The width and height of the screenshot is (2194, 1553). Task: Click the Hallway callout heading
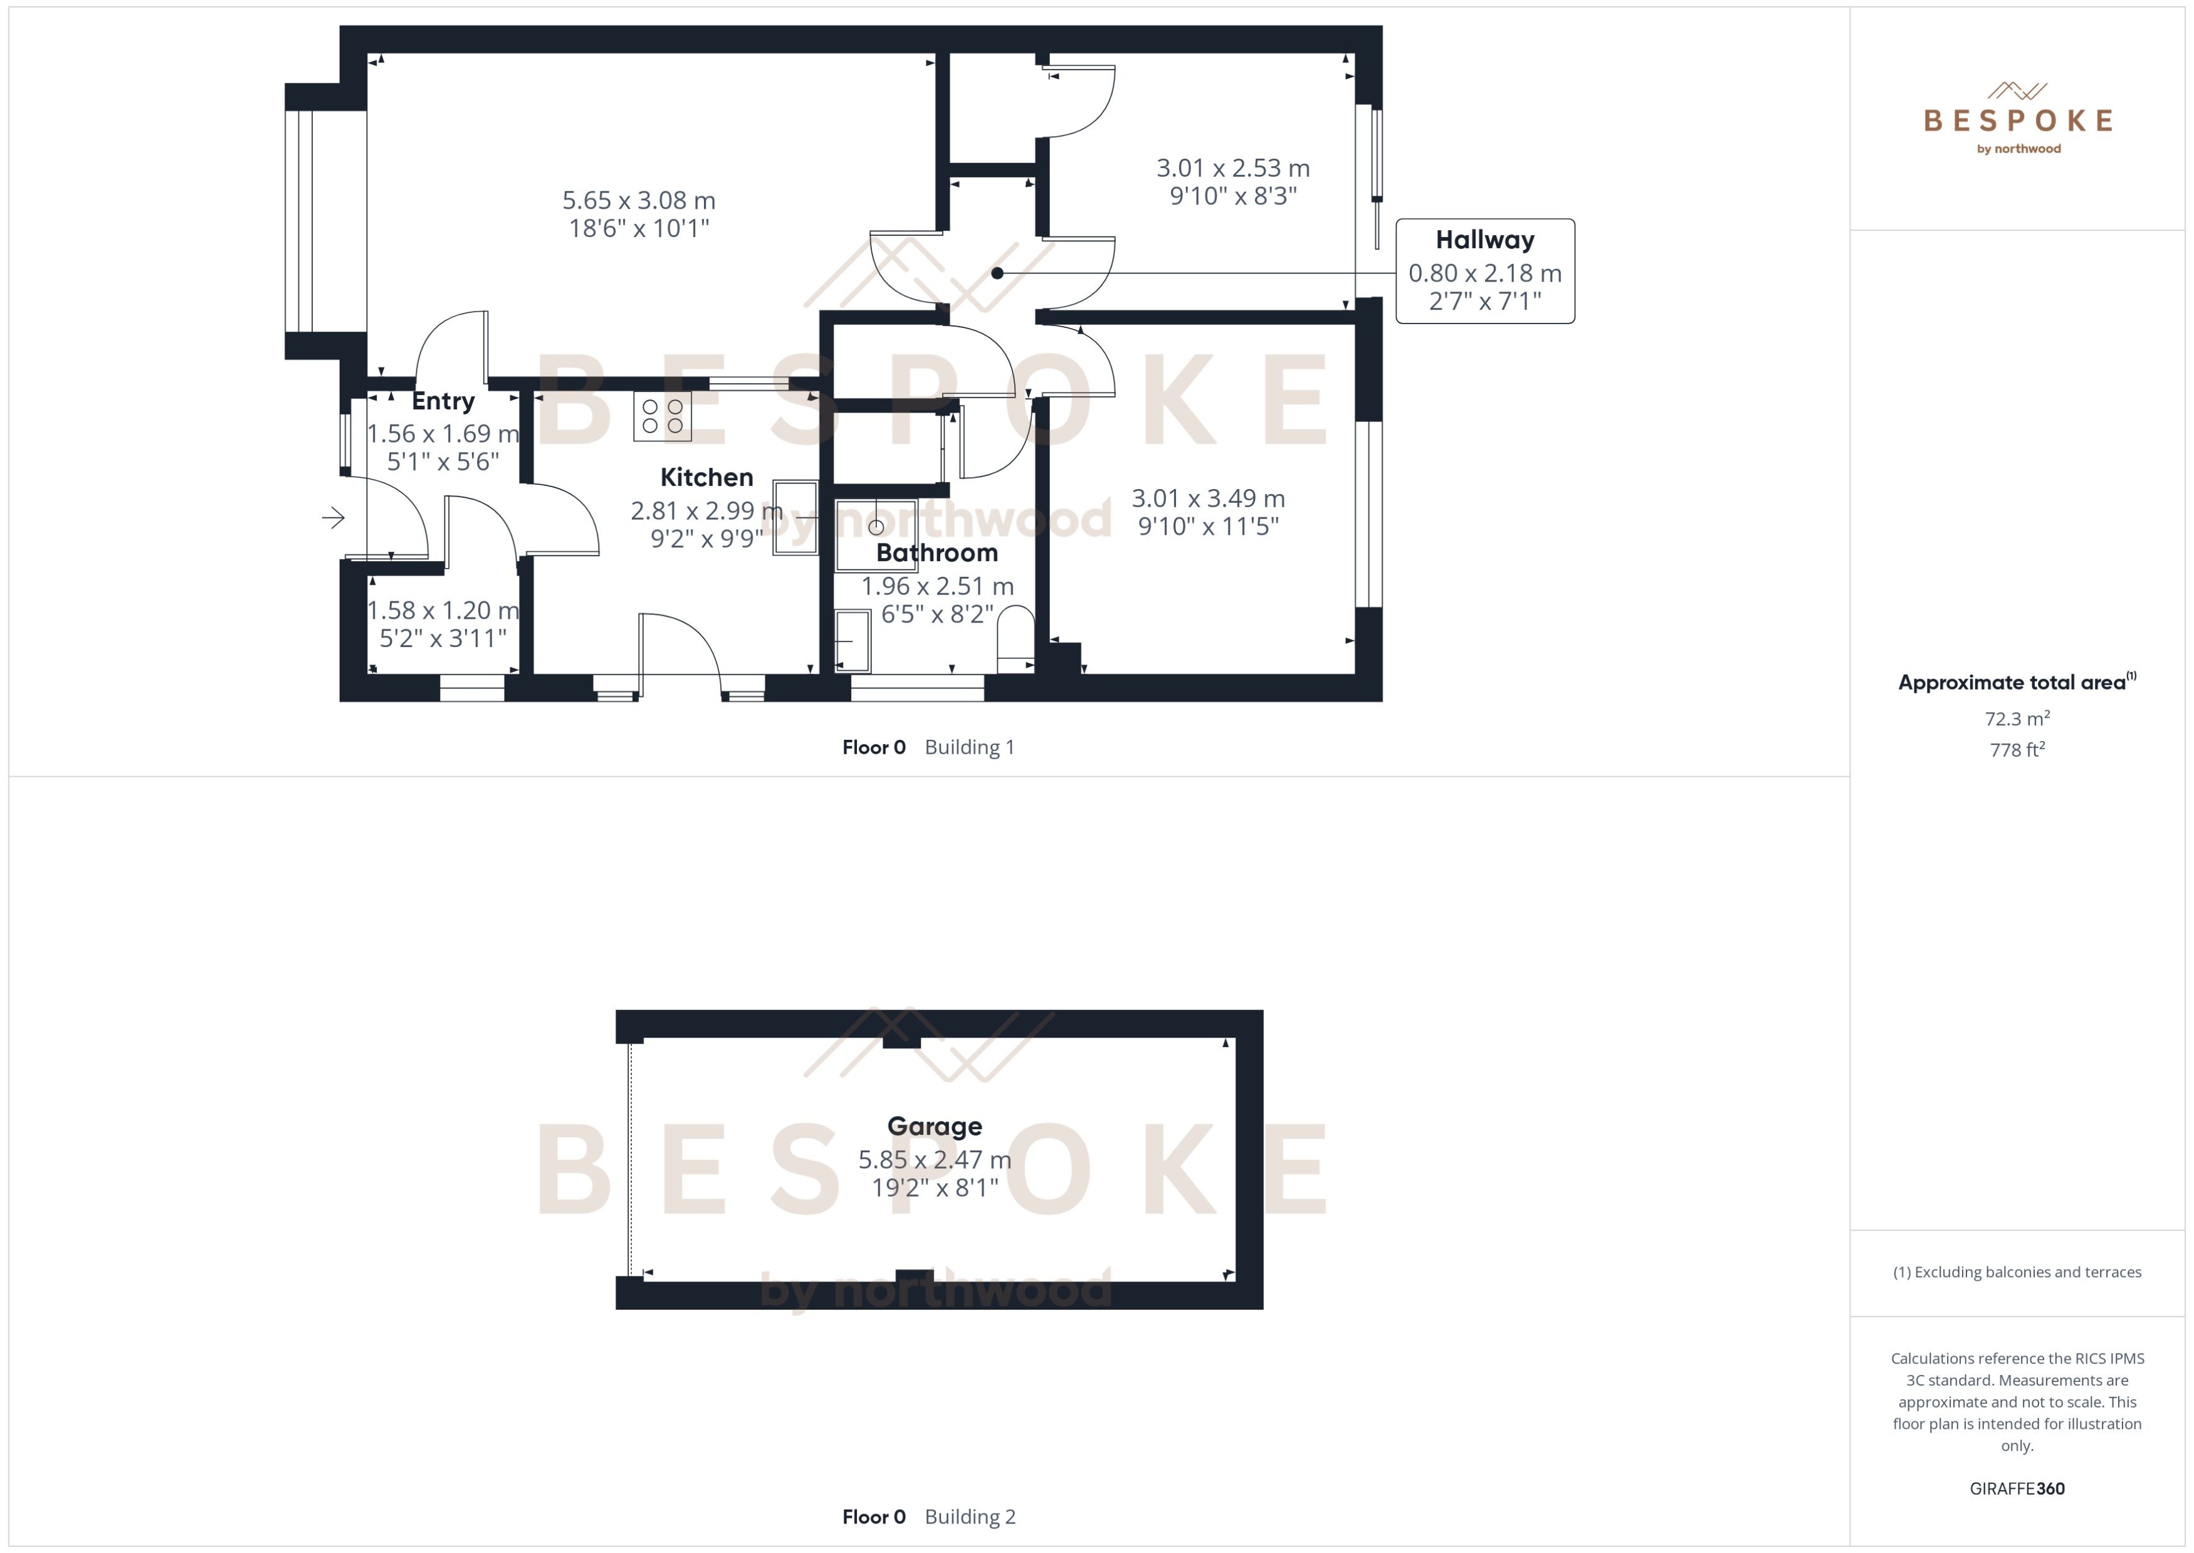[x=1484, y=240]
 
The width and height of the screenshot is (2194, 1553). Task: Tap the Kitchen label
[x=706, y=477]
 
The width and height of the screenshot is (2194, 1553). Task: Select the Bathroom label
[x=937, y=553]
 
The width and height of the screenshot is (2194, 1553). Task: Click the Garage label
[x=934, y=1127]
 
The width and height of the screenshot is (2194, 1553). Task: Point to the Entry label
[x=443, y=401]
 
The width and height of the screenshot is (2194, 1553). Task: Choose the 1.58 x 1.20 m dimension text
[x=443, y=610]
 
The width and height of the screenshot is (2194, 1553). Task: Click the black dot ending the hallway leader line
[x=997, y=273]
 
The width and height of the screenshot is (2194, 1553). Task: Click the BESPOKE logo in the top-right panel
[x=2017, y=120]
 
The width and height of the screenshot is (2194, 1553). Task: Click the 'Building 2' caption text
[x=969, y=1517]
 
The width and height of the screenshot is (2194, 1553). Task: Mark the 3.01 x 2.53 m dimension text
[x=1232, y=168]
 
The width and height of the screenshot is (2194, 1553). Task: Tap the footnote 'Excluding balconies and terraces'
[x=2017, y=1272]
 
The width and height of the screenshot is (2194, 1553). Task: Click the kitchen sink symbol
[x=794, y=517]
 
